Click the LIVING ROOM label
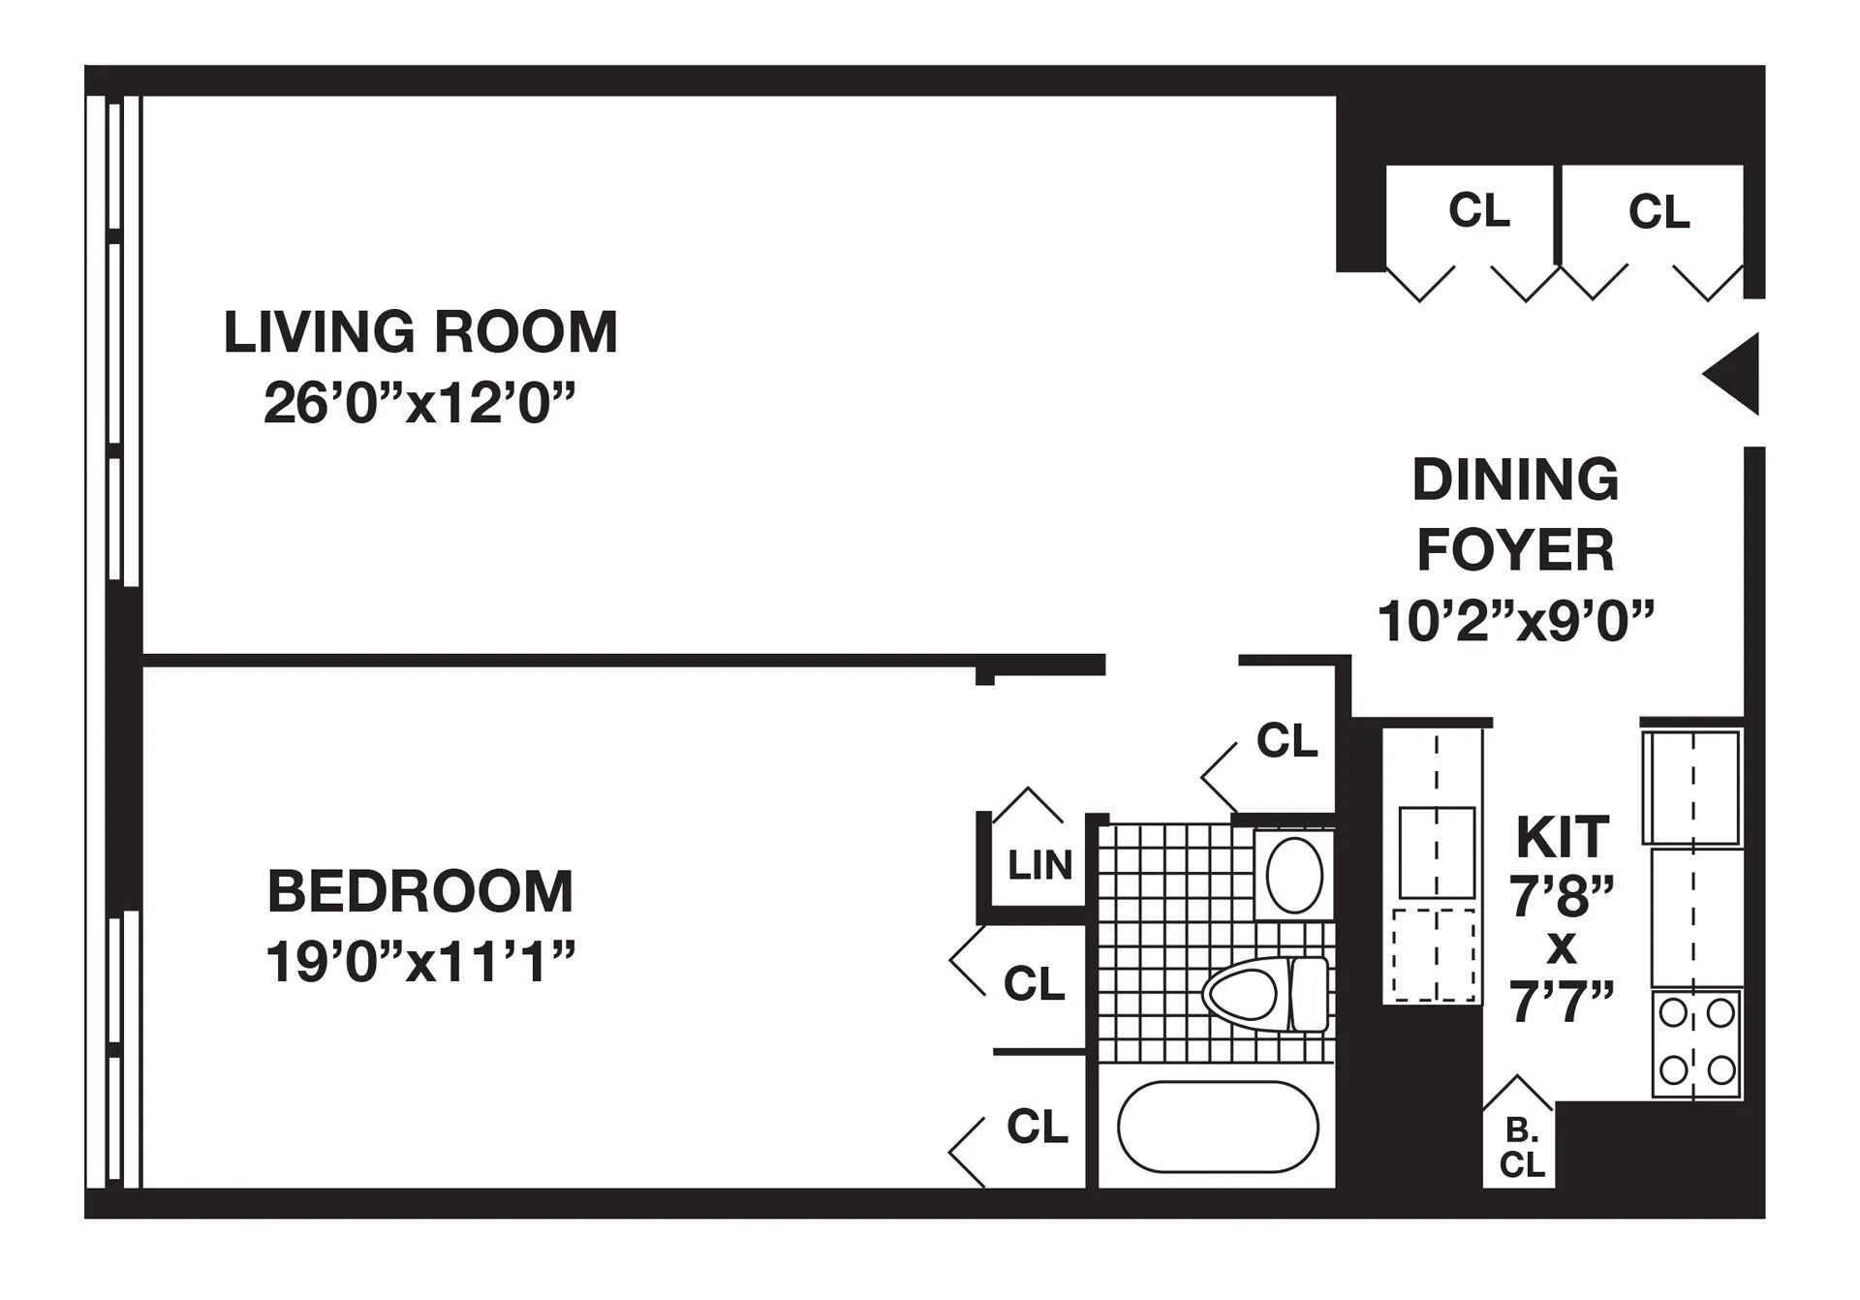click(x=420, y=332)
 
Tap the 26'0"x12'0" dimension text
click(x=419, y=403)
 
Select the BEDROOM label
click(x=420, y=891)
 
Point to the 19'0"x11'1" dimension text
click(x=420, y=962)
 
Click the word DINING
click(x=1515, y=480)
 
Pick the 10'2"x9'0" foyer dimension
click(x=1515, y=621)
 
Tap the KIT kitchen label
click(x=1562, y=838)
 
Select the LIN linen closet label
click(x=1039, y=865)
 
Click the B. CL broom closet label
click(x=1521, y=1148)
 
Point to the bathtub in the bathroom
click(x=1218, y=1128)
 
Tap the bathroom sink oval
click(x=1294, y=875)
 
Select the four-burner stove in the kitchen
click(x=1695, y=1042)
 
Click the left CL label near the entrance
click(x=1478, y=210)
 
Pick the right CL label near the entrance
click(x=1658, y=212)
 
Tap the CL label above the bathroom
click(x=1286, y=741)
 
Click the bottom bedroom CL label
click(x=1037, y=1127)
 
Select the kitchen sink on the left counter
click(x=1437, y=852)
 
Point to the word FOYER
click(x=1515, y=550)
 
